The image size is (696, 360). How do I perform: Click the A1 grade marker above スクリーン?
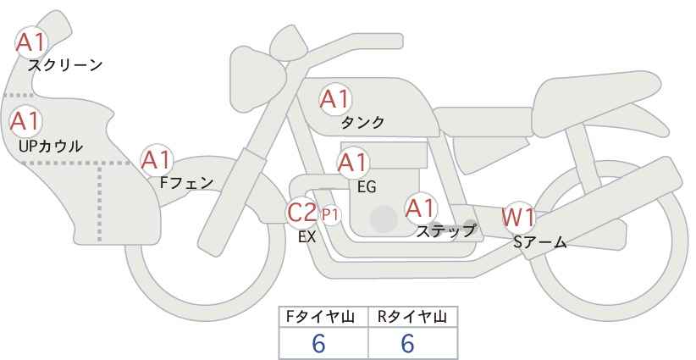[30, 42]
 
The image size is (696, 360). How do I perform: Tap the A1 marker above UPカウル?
[25, 122]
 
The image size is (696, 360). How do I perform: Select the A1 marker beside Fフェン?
[156, 161]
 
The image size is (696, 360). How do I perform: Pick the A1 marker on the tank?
[335, 99]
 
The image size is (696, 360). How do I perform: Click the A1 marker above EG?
[352, 163]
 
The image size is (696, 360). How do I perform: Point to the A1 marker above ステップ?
[421, 208]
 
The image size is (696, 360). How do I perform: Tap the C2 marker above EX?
[301, 212]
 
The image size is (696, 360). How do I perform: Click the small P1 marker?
[330, 215]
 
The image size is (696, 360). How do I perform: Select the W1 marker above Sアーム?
[517, 218]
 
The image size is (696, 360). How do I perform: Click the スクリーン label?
[65, 66]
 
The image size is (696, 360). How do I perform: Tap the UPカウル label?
[51, 146]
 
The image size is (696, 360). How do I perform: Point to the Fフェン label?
[186, 182]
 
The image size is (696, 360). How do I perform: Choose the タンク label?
[362, 122]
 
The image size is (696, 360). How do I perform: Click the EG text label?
[367, 187]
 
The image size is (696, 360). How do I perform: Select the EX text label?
[307, 237]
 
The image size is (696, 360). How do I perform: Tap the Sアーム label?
[539, 242]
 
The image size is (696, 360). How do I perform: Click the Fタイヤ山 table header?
[320, 317]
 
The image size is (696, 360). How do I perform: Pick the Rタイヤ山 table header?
[412, 317]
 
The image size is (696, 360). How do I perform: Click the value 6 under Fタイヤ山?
[318, 344]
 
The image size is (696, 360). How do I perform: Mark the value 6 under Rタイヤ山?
[407, 344]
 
